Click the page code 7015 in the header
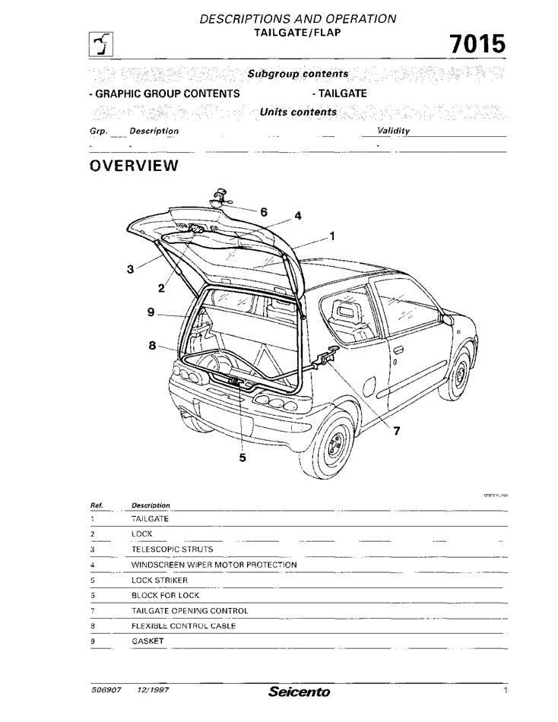pyautogui.click(x=477, y=45)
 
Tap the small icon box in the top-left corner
pyautogui.click(x=99, y=46)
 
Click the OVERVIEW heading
pyautogui.click(x=134, y=166)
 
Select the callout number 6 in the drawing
pyautogui.click(x=263, y=212)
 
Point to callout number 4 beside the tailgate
pyautogui.click(x=298, y=216)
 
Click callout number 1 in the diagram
pyautogui.click(x=332, y=236)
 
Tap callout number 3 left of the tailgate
pyautogui.click(x=131, y=268)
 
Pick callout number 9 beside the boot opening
pyautogui.click(x=151, y=312)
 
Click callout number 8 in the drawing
pyautogui.click(x=152, y=345)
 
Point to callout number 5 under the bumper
pyautogui.click(x=243, y=458)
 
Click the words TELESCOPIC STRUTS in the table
pyautogui.click(x=172, y=549)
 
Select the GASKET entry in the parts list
pyautogui.click(x=147, y=641)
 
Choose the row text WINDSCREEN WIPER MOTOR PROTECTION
pyautogui.click(x=214, y=565)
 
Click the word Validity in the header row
pyautogui.click(x=394, y=131)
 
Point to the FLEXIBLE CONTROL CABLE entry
pyautogui.click(x=183, y=625)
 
